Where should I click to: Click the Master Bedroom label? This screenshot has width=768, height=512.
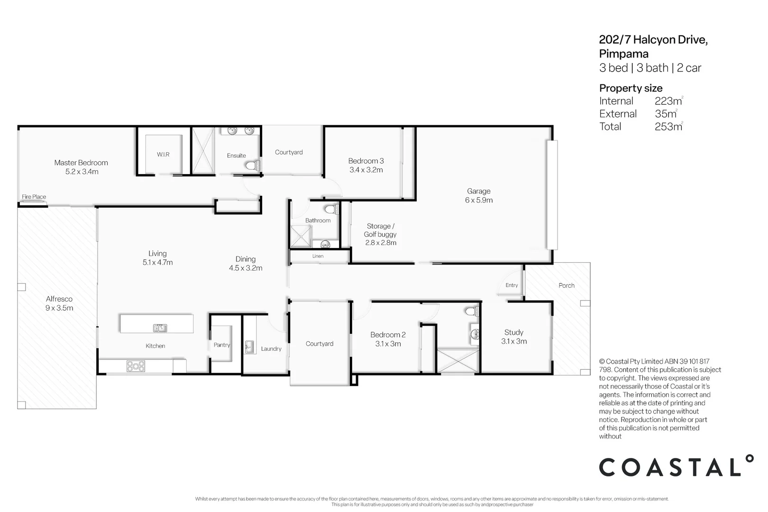point(81,163)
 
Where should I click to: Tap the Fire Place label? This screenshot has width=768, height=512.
point(34,197)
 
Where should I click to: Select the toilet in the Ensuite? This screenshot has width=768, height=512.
point(253,165)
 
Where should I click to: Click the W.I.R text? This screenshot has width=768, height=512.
point(163,155)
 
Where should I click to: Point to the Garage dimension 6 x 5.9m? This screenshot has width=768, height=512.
point(478,200)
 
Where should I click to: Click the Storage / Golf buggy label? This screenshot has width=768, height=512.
point(380,230)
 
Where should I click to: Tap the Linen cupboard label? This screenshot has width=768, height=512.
point(318,256)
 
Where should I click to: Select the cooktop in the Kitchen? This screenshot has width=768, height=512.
point(136,366)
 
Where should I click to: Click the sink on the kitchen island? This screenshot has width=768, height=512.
point(160,328)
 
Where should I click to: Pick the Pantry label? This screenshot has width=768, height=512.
point(221,345)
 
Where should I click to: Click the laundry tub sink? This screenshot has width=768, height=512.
point(249,347)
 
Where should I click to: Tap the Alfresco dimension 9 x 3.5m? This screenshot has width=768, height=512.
point(59,308)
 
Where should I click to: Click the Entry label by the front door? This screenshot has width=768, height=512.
point(512,285)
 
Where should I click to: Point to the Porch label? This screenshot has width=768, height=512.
point(566,285)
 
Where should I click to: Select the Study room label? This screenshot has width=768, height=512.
point(513,332)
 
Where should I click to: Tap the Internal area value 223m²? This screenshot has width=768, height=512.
point(668,101)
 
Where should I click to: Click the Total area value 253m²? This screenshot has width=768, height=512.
point(668,127)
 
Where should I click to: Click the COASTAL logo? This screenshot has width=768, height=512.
point(676,467)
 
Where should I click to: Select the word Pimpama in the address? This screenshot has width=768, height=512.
point(623,54)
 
